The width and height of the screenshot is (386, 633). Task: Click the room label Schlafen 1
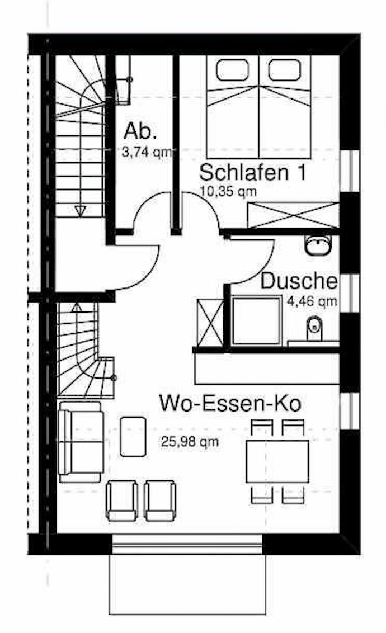coord(253,173)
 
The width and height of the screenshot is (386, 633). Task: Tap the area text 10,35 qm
coord(228,191)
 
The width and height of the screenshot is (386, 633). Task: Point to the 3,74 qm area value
coord(147,152)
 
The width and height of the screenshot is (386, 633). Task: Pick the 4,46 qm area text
coord(312,301)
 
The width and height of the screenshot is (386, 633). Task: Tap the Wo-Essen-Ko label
coord(230,403)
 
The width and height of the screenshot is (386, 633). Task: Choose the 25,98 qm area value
coord(190,442)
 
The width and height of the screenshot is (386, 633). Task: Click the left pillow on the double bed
coord(232,70)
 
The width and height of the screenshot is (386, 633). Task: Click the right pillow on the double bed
coord(284,70)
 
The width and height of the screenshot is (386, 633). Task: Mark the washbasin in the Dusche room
coord(318,245)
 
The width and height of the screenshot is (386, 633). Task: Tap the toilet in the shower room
coord(314,328)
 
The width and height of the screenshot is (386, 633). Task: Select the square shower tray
coord(256,320)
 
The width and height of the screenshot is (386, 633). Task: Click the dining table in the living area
coord(277,461)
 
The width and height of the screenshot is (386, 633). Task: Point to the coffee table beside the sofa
coord(133,437)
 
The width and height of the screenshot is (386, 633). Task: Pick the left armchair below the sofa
coord(122,500)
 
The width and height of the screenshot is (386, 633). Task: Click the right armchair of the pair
coord(160,500)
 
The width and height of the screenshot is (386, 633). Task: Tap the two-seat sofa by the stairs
coord(81,442)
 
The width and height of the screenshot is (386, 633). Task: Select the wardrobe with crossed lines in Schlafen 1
coord(293,216)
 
